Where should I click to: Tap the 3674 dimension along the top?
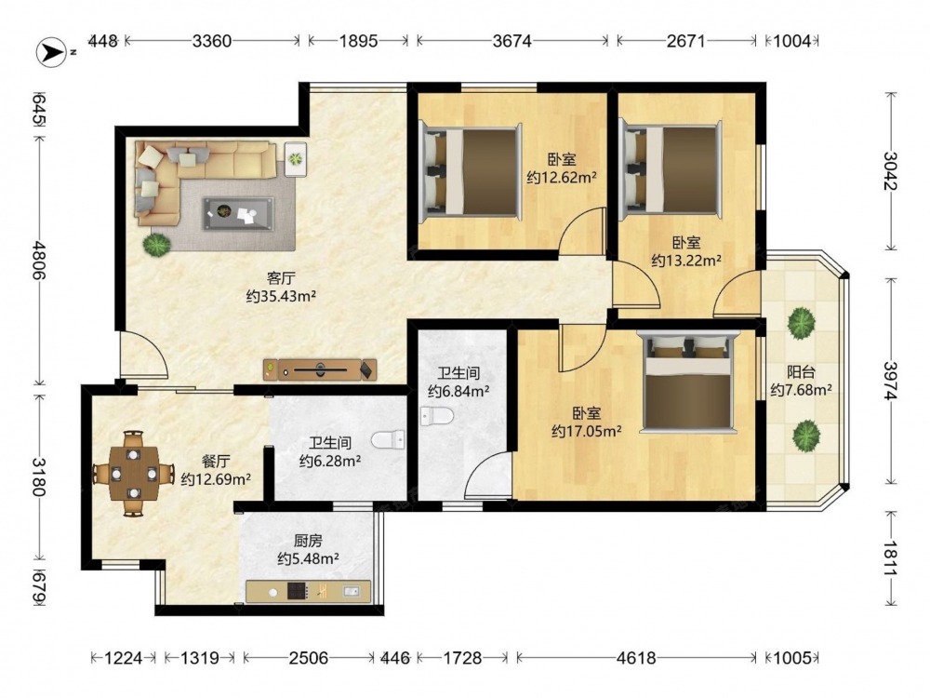click(x=512, y=41)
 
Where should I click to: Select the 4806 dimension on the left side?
click(x=39, y=260)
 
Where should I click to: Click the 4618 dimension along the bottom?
click(x=636, y=658)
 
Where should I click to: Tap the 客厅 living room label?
click(x=281, y=277)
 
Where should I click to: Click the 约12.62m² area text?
click(x=561, y=178)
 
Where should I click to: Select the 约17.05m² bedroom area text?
click(x=586, y=431)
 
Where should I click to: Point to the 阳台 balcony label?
click(x=801, y=372)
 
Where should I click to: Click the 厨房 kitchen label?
click(x=308, y=541)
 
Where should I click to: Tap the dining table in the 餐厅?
click(x=133, y=473)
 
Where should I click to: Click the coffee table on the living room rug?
click(x=238, y=214)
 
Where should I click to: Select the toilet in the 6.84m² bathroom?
click(x=436, y=416)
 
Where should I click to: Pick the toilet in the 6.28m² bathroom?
click(x=389, y=440)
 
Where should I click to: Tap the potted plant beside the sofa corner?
click(x=156, y=244)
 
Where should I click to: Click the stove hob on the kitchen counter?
click(x=298, y=591)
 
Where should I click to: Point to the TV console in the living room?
click(x=320, y=369)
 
